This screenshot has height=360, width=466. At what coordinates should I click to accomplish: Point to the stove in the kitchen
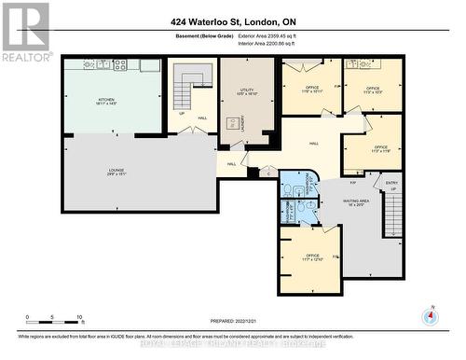tap(119, 65)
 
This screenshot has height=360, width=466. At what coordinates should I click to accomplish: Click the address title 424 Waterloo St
tap(232, 21)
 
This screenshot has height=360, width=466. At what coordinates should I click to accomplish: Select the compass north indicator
tap(429, 315)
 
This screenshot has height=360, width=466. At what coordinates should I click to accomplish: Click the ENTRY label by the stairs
tap(391, 184)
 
